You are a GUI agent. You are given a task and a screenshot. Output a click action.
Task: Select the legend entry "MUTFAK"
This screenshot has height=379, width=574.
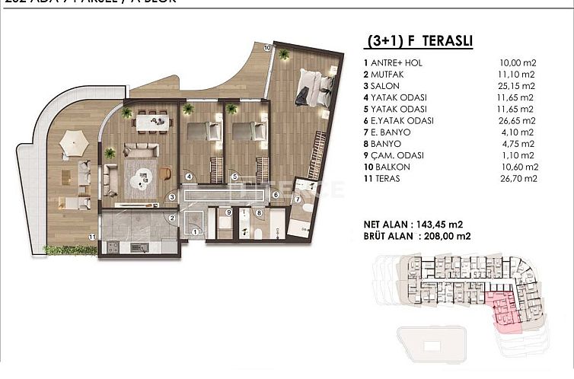(389, 75)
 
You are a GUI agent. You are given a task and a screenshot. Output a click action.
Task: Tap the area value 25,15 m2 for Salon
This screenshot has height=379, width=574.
(520, 86)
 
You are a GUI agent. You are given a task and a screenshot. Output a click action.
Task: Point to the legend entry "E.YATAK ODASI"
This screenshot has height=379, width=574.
(402, 120)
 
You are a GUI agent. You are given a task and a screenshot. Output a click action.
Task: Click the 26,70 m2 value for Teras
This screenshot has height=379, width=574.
(520, 178)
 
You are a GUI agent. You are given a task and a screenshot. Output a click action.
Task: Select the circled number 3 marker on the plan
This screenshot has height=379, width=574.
(173, 197)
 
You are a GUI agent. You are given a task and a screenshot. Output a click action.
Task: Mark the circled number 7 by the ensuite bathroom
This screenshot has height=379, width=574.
(297, 199)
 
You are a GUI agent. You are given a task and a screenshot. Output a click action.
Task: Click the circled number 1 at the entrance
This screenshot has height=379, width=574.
(195, 232)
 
